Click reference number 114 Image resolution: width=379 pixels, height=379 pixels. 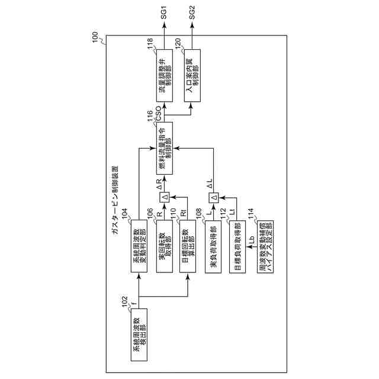click(250, 211)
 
